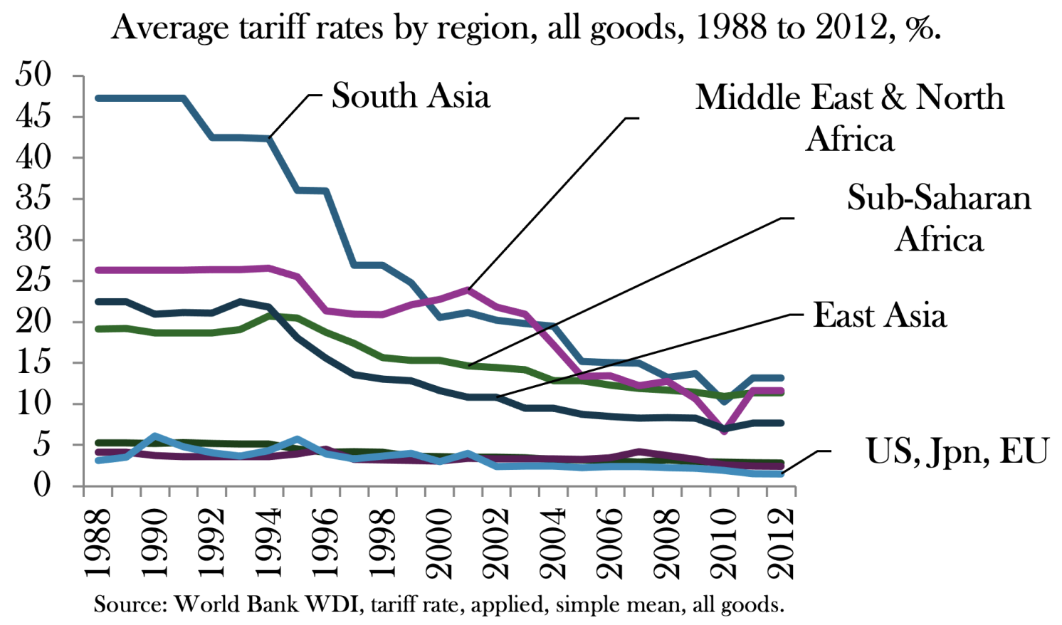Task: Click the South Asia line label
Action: coord(411,96)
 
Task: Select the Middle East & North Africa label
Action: coord(850,117)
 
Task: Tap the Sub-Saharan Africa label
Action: coord(939,218)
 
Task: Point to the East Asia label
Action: coord(880,315)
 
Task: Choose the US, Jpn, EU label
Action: coord(957,451)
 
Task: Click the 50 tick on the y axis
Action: coord(33,75)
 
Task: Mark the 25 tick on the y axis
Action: coord(33,280)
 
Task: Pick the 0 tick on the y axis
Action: coord(43,486)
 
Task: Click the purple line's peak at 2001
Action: coord(468,290)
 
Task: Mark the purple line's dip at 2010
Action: coord(724,431)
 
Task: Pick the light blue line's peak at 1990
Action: coord(154,436)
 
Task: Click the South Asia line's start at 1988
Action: coord(98,98)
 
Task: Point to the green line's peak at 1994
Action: coord(268,315)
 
